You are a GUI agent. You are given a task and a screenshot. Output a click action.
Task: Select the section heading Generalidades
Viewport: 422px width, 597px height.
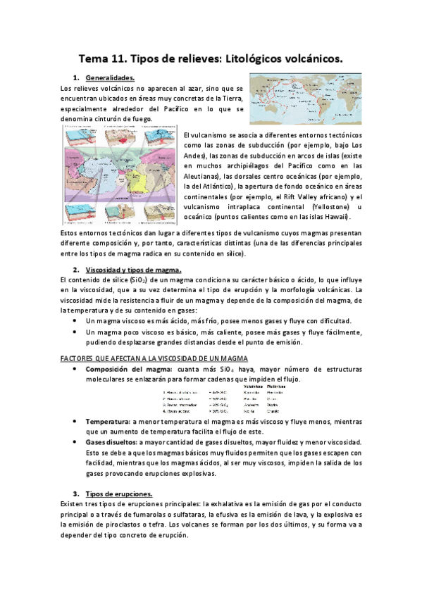pyautogui.click(x=109, y=77)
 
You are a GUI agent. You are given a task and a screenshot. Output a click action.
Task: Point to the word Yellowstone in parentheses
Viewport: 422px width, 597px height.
pyautogui.click(x=330, y=206)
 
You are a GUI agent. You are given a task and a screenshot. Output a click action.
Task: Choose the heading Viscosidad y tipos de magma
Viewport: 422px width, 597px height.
pyautogui.click(x=133, y=270)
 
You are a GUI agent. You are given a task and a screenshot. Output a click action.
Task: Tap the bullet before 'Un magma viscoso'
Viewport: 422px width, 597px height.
pyautogui.click(x=76, y=320)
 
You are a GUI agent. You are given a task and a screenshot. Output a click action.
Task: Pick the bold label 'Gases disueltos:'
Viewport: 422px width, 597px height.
pyautogui.click(x=113, y=441)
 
